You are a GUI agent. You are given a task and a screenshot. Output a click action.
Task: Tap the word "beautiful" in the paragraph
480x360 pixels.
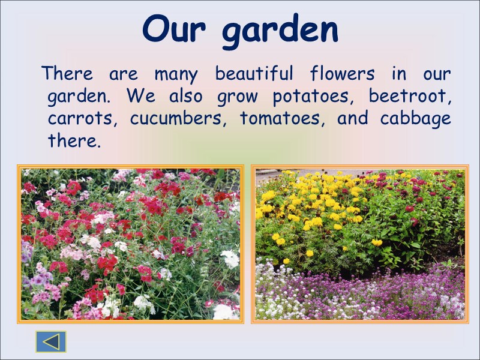coord(254,74)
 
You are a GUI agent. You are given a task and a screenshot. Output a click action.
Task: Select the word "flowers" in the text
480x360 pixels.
coord(342,74)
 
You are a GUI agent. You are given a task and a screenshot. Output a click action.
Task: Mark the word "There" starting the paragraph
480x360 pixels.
coord(67,74)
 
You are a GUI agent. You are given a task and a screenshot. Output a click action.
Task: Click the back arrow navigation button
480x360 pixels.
coord(51,341)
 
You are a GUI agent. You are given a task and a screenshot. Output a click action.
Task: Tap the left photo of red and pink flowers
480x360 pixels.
coord(130,244)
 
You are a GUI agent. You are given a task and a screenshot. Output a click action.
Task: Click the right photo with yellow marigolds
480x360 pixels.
coord(359,244)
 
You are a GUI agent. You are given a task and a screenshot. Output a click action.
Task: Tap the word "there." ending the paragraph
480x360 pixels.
coord(72,142)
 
